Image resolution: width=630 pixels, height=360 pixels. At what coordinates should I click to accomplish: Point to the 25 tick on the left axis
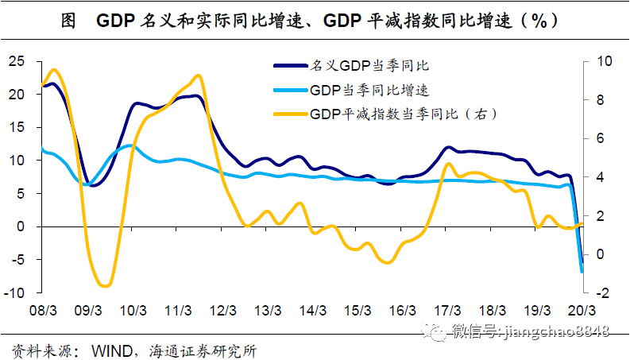[x=17, y=61]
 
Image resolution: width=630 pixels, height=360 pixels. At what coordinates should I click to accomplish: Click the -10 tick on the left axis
[x=14, y=293]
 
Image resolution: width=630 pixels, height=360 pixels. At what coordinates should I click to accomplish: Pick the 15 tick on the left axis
[x=17, y=127]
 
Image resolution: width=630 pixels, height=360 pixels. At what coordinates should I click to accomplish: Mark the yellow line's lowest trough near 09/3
[x=103, y=285]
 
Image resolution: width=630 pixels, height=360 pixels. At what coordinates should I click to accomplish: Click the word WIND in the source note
[x=111, y=349]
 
